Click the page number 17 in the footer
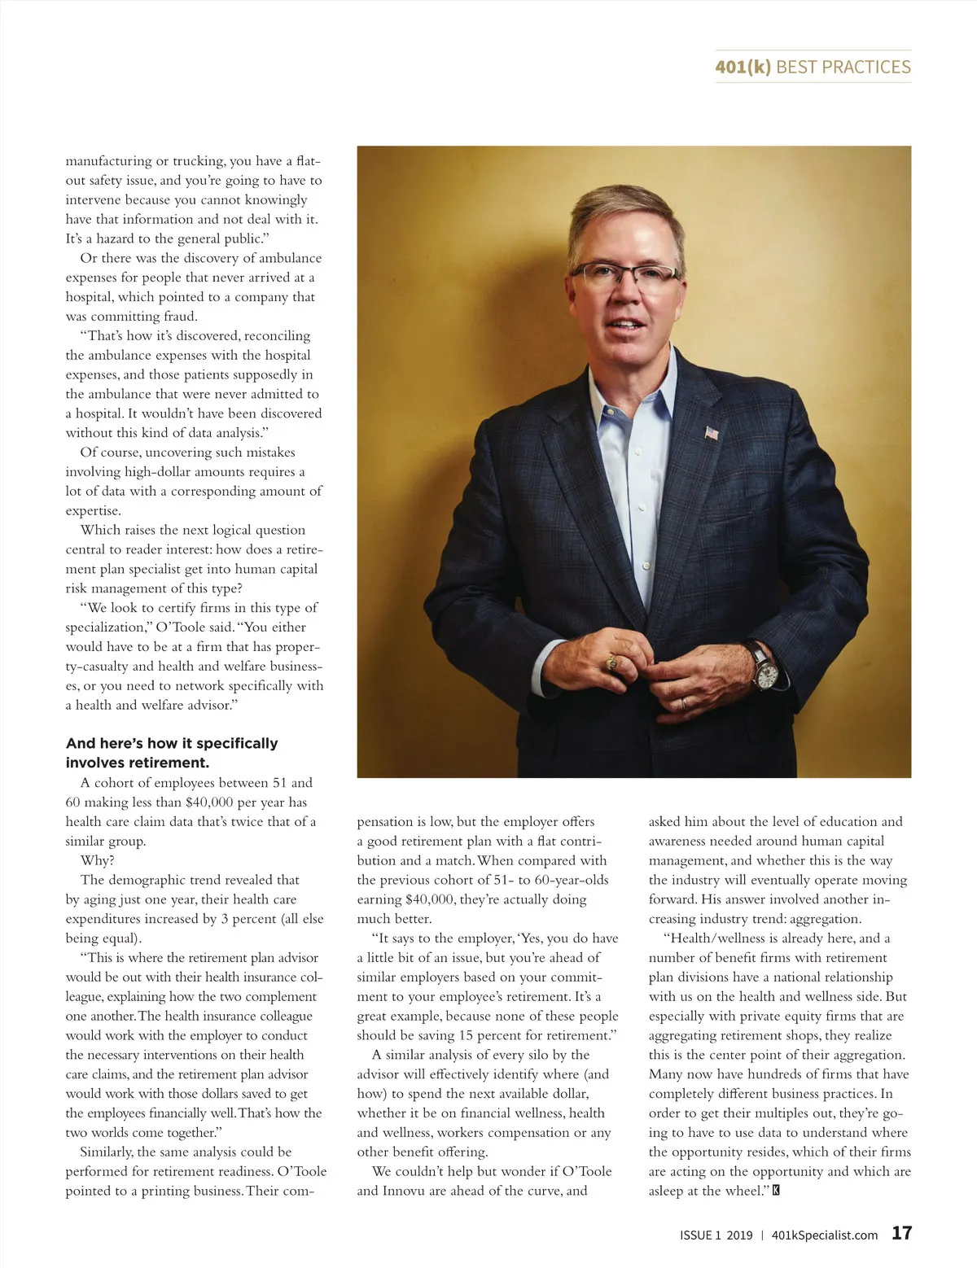click(x=901, y=1233)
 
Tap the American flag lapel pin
click(x=712, y=432)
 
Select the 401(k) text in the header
click(x=743, y=67)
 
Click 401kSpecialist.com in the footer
click(x=824, y=1235)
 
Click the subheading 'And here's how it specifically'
click(x=172, y=743)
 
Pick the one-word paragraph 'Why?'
click(x=97, y=860)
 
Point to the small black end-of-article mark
click(x=776, y=1191)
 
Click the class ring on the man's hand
click(x=610, y=663)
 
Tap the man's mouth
click(x=625, y=323)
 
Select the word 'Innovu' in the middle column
click(x=404, y=1191)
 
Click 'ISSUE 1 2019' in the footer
click(x=716, y=1235)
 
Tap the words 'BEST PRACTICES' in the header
click(x=843, y=67)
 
